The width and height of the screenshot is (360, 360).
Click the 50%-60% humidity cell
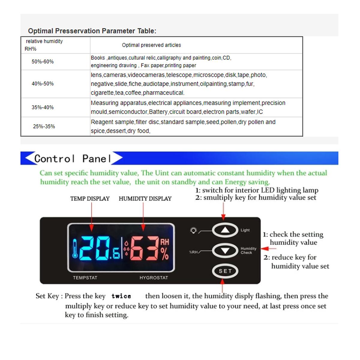coord(43,61)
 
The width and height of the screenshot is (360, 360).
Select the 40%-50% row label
coord(43,84)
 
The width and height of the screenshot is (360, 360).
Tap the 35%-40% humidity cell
coord(43,107)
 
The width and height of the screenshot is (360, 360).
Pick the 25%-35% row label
coord(44,126)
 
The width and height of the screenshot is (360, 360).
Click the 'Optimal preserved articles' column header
coord(151,45)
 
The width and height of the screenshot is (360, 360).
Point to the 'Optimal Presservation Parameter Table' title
coord(92,31)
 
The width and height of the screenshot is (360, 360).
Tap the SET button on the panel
coord(225,271)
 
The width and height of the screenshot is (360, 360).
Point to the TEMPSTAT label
coord(85,278)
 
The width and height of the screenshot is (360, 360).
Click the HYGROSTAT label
coord(154,278)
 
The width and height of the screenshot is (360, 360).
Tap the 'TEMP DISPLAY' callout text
coord(90,199)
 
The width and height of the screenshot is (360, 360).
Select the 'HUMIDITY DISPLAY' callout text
coord(145,199)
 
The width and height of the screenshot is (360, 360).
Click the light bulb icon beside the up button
coord(193,230)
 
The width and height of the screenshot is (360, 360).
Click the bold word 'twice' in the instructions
coord(121,296)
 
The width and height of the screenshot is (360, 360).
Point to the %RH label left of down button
coord(193,252)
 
